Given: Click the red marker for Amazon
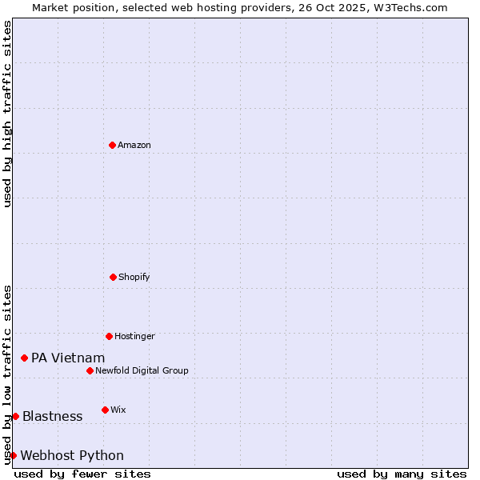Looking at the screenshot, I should click(x=113, y=145).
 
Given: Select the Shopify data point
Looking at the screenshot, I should click(x=114, y=277).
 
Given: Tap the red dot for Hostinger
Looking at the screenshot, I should click(x=109, y=336).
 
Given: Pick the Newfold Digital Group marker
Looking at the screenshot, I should click(x=90, y=370).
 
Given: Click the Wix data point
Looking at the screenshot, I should click(x=105, y=410).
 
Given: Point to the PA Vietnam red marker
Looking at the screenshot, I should click(x=25, y=358).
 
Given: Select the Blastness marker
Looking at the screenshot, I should click(x=15, y=416).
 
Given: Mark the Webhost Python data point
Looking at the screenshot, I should click(x=13, y=455).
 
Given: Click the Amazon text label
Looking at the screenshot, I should click(x=134, y=145).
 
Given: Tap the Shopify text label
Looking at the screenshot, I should click(x=134, y=277).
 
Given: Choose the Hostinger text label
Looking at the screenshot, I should click(x=134, y=336).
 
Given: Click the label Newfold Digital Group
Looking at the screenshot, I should click(x=142, y=370).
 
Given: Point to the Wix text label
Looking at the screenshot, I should click(x=118, y=410).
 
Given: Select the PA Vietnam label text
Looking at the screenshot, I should click(x=68, y=358).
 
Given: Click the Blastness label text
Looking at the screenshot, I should click(x=52, y=416).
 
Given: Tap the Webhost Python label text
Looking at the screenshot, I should click(x=72, y=455).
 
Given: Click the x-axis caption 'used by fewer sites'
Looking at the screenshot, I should click(x=82, y=474).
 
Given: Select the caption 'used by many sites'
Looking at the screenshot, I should click(x=402, y=474).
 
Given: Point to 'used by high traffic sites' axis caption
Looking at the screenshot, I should click(x=7, y=114).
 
